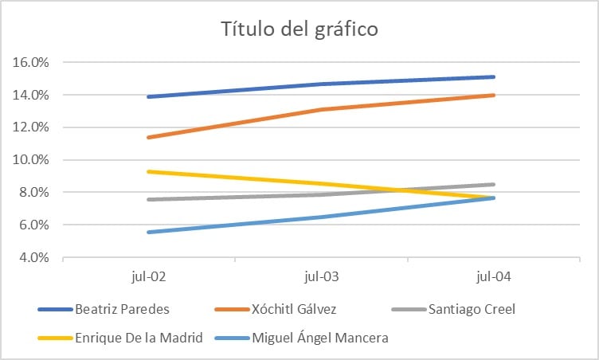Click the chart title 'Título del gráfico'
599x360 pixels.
pyautogui.click(x=299, y=30)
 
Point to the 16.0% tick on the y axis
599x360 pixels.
pyautogui.click(x=30, y=62)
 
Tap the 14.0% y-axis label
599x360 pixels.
pyautogui.click(x=30, y=95)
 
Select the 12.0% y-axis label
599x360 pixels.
pyautogui.click(x=30, y=127)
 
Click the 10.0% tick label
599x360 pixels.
pyautogui.click(x=30, y=160)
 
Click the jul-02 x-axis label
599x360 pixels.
pyautogui.click(x=148, y=277)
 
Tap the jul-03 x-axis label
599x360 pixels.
pyautogui.click(x=321, y=277)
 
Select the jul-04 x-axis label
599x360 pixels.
pyautogui.click(x=494, y=277)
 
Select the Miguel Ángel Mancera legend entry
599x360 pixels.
pyautogui.click(x=319, y=337)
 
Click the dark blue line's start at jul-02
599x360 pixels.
pyautogui.click(x=148, y=96)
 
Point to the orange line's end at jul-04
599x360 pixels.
pyautogui.click(x=494, y=95)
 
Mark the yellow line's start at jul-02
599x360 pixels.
pyautogui.click(x=148, y=171)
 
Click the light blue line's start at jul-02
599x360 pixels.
pyautogui.click(x=148, y=232)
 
